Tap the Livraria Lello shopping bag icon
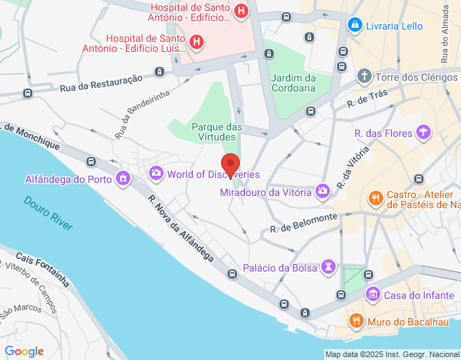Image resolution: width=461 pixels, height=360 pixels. (x=354, y=25)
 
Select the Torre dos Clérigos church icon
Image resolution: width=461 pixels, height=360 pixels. (x=364, y=76)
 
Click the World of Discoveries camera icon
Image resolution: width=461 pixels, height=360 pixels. (x=156, y=174)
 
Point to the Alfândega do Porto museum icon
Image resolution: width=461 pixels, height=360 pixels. (x=124, y=178)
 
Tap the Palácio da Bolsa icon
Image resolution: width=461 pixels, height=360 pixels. (x=329, y=268)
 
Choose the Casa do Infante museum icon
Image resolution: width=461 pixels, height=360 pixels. (x=372, y=294)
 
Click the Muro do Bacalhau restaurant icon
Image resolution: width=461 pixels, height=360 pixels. (x=354, y=320)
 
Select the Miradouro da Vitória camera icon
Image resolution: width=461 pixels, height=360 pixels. (x=323, y=192)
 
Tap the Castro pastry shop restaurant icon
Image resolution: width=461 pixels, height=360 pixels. (x=375, y=197)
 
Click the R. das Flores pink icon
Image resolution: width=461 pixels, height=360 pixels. (x=424, y=132)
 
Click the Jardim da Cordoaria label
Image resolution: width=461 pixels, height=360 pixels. (x=293, y=83)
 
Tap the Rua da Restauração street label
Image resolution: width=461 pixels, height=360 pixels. (x=102, y=84)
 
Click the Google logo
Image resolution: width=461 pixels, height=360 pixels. (x=24, y=351)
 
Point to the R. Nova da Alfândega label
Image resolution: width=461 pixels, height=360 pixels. (x=181, y=228)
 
